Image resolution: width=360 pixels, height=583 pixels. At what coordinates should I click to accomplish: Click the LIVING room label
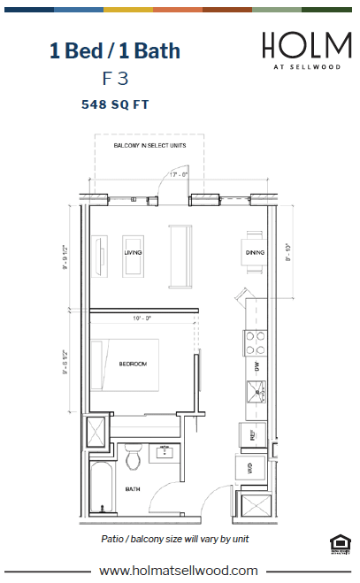coord(134,253)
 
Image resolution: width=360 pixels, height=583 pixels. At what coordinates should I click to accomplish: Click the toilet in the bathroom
coord(134,459)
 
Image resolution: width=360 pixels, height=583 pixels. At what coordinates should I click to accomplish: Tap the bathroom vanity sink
coord(165,452)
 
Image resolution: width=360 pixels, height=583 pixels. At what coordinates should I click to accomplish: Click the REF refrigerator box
coord(251,435)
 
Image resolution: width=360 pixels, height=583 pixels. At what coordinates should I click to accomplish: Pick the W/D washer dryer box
coord(250,469)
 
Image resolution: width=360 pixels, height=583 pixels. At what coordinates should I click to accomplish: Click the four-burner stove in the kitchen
coord(255,341)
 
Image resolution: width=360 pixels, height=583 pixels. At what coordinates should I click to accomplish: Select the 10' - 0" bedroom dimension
coord(143,318)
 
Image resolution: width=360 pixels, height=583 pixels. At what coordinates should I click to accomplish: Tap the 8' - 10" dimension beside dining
coord(288,253)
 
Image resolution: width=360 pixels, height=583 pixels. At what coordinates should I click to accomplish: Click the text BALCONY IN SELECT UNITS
coord(149,146)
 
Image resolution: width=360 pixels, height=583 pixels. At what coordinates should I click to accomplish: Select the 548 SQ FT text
coord(116,104)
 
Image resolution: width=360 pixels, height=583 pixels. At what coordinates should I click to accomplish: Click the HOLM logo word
coord(301,46)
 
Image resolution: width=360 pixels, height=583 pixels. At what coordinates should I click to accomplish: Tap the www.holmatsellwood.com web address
coord(179,571)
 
